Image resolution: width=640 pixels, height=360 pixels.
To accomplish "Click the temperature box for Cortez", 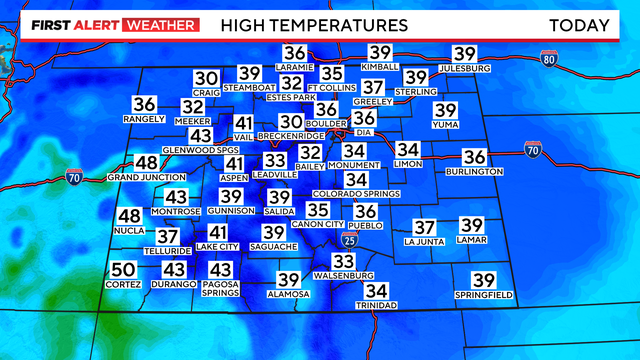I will coord(123,270).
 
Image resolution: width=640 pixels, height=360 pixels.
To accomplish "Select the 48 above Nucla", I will coord(130,217).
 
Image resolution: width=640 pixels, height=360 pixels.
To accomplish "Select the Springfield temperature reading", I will coord(484,281).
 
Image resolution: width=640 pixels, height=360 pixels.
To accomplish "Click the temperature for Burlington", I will coord(475,157).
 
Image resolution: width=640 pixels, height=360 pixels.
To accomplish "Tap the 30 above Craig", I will coord(206,78).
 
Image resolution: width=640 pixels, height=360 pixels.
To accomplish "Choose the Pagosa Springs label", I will coord(220,289).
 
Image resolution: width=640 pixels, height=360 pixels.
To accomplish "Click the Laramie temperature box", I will coord(294,54).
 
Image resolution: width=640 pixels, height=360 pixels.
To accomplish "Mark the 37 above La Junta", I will coord(425,227).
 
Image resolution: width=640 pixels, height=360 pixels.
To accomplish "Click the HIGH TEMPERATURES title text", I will coord(314,24).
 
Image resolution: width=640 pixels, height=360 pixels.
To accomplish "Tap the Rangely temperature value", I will coord(144,104).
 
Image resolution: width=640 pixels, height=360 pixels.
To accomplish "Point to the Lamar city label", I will coord(472,241).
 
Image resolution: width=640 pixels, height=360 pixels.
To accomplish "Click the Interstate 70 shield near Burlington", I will coord(532,150).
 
